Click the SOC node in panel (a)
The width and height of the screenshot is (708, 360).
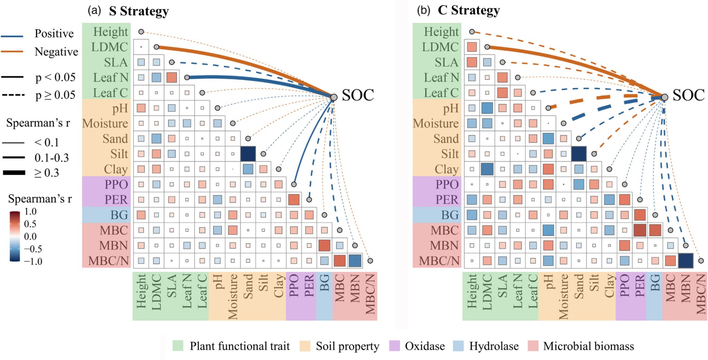pyautogui.click(x=334, y=97)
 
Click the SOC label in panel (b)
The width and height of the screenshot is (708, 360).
pyautogui.click(x=688, y=95)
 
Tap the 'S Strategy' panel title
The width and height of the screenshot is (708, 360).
pyautogui.click(x=139, y=11)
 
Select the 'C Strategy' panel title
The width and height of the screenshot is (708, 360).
pyautogui.click(x=468, y=10)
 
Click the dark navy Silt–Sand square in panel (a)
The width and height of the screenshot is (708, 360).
pyautogui.click(x=248, y=154)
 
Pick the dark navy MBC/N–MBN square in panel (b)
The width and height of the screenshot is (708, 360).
pyautogui.click(x=686, y=261)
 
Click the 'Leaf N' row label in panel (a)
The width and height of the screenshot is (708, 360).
pyautogui.click(x=111, y=78)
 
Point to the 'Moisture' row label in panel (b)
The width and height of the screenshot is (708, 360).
pyautogui.click(x=436, y=123)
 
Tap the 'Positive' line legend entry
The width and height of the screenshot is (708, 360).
pyautogui.click(x=54, y=34)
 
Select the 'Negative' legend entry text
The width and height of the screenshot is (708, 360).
pyautogui.click(x=56, y=52)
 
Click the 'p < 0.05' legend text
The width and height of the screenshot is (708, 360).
pyautogui.click(x=55, y=77)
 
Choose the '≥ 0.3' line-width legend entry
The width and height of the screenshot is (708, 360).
pyautogui.click(x=47, y=173)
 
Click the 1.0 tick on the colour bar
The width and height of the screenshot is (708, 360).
pyautogui.click(x=30, y=212)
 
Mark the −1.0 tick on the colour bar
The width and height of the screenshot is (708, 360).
pyautogui.click(x=33, y=261)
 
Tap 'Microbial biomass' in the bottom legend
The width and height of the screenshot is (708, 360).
pyautogui.click(x=588, y=346)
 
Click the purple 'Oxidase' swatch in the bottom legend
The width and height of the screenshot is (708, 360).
pyautogui.click(x=394, y=346)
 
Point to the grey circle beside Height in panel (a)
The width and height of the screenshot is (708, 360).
pyautogui.click(x=141, y=32)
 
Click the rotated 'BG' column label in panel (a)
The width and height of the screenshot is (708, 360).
pyautogui.click(x=324, y=283)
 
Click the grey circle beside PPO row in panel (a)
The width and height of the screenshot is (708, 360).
pyautogui.click(x=294, y=184)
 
